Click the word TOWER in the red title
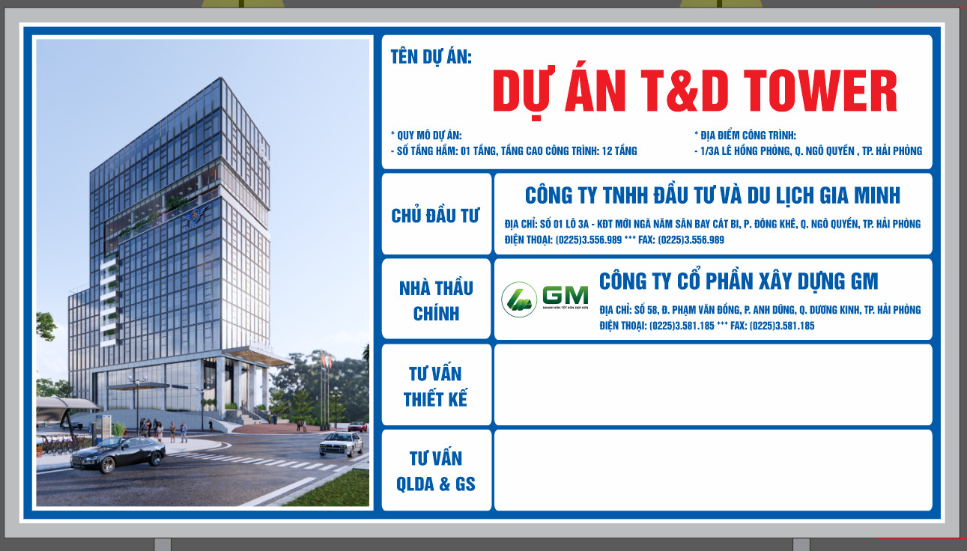click(x=820, y=91)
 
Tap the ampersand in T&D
click(x=683, y=91)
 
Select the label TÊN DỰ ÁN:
click(x=431, y=57)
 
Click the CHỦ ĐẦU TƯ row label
click(x=435, y=216)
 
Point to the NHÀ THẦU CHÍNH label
click(x=436, y=300)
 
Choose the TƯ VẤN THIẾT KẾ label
click(x=435, y=386)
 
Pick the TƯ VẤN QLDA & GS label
click(x=436, y=471)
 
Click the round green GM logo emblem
click(x=519, y=299)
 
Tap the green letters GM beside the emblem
click(x=566, y=295)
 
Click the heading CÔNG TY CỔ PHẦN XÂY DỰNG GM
click(x=739, y=281)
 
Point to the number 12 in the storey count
click(x=607, y=151)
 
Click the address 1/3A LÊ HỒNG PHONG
click(x=745, y=151)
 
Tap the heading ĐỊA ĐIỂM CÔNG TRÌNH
click(x=748, y=136)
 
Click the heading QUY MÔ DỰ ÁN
click(x=429, y=136)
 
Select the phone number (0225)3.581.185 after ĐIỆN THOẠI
click(x=682, y=326)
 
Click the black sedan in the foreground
click(x=118, y=454)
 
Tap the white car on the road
click(x=341, y=444)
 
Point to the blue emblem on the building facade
click(x=196, y=216)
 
